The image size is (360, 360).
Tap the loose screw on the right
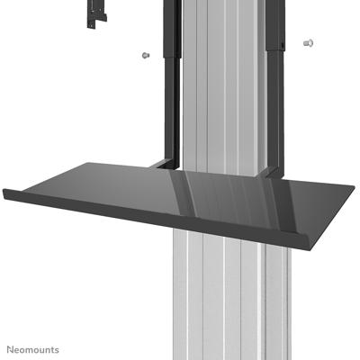309,42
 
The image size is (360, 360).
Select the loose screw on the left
144,57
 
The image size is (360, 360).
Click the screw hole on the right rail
282,40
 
